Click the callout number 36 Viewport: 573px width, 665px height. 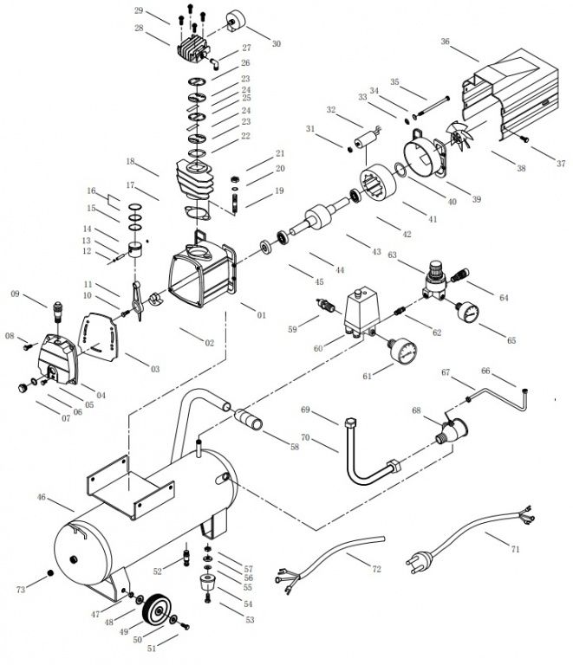(x=445, y=41)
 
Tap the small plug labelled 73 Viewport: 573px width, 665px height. (x=50, y=574)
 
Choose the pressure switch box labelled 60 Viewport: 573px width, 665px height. (x=361, y=310)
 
